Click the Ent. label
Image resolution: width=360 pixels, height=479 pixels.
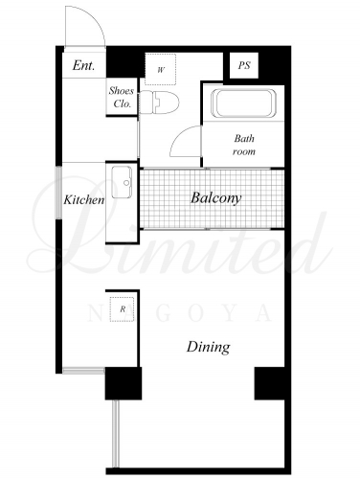click(x=83, y=65)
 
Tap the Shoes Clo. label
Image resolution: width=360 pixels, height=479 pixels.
click(x=122, y=97)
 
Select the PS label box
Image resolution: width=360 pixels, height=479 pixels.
click(x=244, y=65)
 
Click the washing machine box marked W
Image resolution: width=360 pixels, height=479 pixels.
click(x=161, y=69)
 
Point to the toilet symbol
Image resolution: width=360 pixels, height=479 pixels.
click(x=160, y=103)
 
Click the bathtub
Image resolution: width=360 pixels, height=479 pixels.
click(x=243, y=103)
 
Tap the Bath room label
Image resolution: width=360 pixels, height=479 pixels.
click(x=244, y=145)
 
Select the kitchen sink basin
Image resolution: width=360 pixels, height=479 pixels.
click(x=122, y=182)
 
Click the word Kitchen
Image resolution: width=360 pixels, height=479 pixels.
click(x=84, y=200)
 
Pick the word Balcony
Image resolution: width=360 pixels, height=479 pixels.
click(x=215, y=198)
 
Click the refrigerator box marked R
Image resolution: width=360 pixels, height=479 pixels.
click(x=123, y=308)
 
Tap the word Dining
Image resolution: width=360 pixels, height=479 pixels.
click(x=208, y=347)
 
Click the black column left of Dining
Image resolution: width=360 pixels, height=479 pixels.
click(x=124, y=383)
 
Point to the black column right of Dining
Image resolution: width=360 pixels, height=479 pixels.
click(x=269, y=383)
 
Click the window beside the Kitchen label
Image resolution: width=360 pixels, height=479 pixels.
click(x=59, y=193)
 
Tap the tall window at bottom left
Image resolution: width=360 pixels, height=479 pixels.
click(x=116, y=434)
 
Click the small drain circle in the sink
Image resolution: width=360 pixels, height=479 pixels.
click(x=126, y=183)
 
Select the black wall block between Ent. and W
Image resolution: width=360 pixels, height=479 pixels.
click(x=124, y=62)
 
